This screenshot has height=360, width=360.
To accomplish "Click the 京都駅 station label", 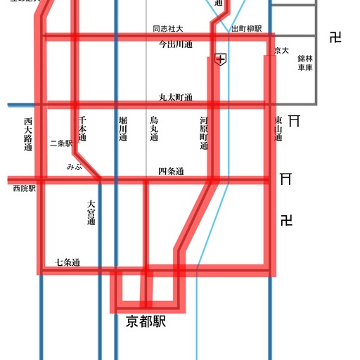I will [x=146, y=322].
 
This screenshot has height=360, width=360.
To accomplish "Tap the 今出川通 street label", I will [x=175, y=44].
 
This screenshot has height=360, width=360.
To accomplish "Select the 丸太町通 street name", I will [x=175, y=98].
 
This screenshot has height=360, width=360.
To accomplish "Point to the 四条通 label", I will [x=171, y=172].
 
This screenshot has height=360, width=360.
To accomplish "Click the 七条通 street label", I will [x=67, y=263].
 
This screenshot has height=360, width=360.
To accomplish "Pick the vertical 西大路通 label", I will [x=28, y=135].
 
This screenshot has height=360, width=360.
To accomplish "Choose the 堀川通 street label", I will [x=123, y=129].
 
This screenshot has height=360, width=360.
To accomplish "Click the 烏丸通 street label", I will [x=154, y=129].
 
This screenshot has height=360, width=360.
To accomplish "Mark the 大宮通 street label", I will [x=91, y=212].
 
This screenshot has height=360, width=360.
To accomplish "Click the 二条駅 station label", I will [x=61, y=143].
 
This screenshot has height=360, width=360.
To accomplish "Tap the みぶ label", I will [x=74, y=167].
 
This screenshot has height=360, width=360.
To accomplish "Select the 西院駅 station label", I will [x=24, y=188].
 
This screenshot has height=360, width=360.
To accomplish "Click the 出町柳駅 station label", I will [x=246, y=29].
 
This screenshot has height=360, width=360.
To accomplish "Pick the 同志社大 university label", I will [x=168, y=29].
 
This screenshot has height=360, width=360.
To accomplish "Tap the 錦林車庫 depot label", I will [x=304, y=64].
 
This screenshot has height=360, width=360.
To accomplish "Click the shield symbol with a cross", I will [x=221, y=60].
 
